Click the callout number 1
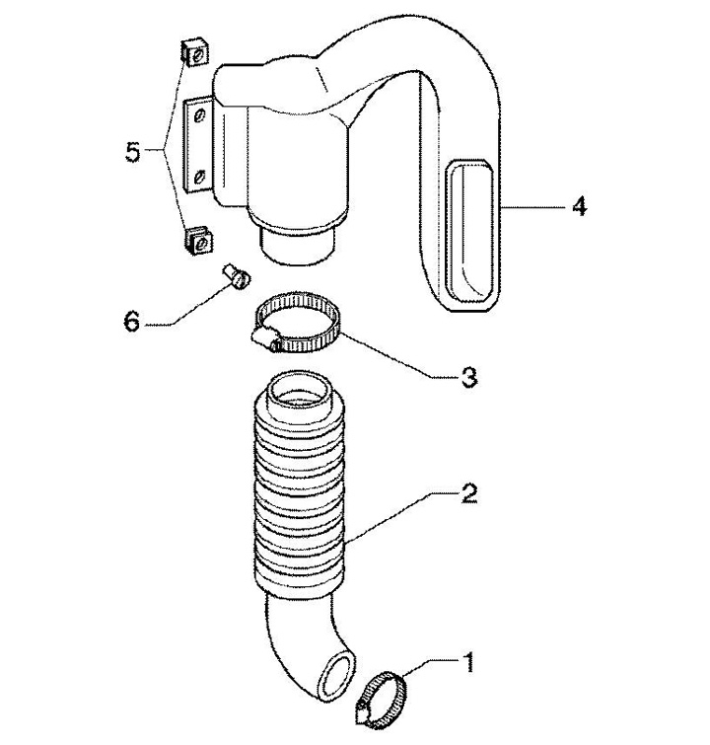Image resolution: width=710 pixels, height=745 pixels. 468,662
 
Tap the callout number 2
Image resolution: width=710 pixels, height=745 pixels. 468,495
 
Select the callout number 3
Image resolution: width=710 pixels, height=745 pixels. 468,378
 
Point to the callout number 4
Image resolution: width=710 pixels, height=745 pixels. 579,207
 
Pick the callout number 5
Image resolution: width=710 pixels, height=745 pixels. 132,152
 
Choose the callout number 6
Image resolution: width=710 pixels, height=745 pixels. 131,322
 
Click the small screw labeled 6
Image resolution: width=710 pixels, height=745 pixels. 236,276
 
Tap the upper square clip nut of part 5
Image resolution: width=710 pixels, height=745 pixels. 194,53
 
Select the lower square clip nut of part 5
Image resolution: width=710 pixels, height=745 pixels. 197,242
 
